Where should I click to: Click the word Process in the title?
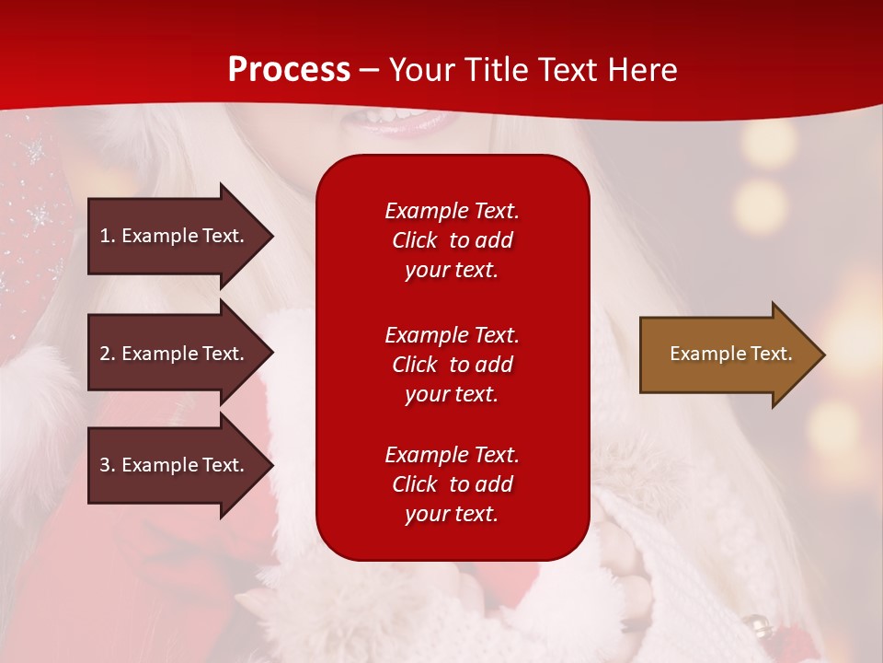289,70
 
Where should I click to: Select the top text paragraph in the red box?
452,240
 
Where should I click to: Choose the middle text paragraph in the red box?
452,365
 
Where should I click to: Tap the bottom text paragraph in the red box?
452,484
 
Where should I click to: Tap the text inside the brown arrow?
731,354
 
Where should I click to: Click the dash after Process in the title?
369,70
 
